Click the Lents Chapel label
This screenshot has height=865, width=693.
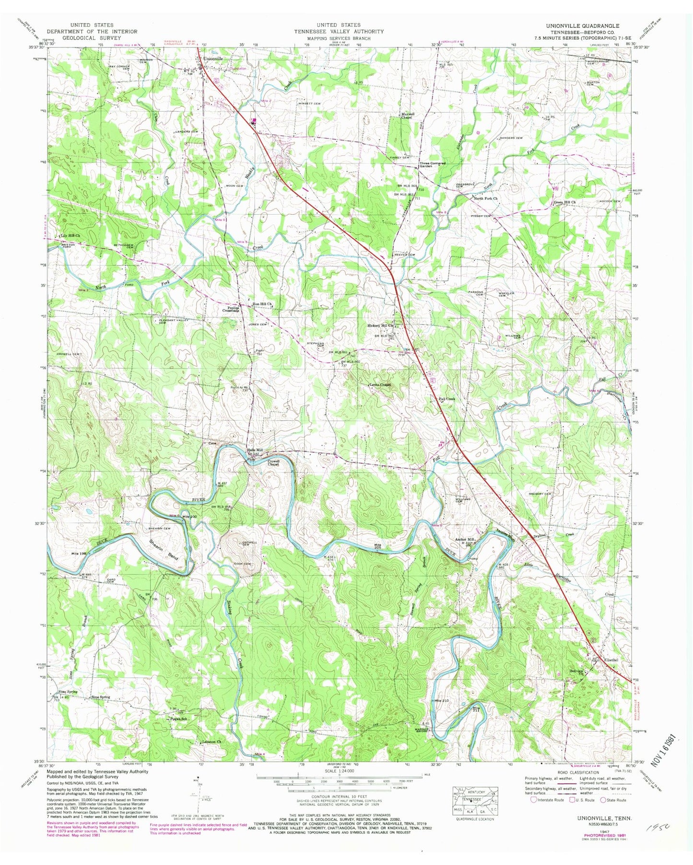[x=380, y=385]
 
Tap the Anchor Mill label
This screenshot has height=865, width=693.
[x=464, y=540]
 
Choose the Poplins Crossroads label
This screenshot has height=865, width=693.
[x=234, y=310]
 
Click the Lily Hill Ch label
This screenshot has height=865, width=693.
[x=70, y=236]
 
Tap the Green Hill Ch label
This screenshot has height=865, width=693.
[x=564, y=202]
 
